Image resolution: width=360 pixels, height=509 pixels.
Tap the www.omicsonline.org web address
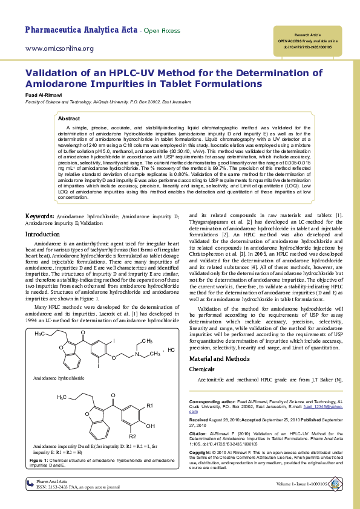(59, 48)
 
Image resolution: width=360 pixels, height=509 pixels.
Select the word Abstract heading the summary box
(68, 118)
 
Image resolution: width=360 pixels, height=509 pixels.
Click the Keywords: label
(39, 216)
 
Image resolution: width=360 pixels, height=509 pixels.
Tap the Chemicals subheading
(202, 369)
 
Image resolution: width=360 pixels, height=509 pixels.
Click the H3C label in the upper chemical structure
(41, 334)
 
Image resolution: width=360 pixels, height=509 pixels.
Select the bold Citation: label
(200, 433)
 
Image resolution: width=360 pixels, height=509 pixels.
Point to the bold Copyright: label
(202, 452)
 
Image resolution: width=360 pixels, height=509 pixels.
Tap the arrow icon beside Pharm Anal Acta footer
(30, 482)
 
